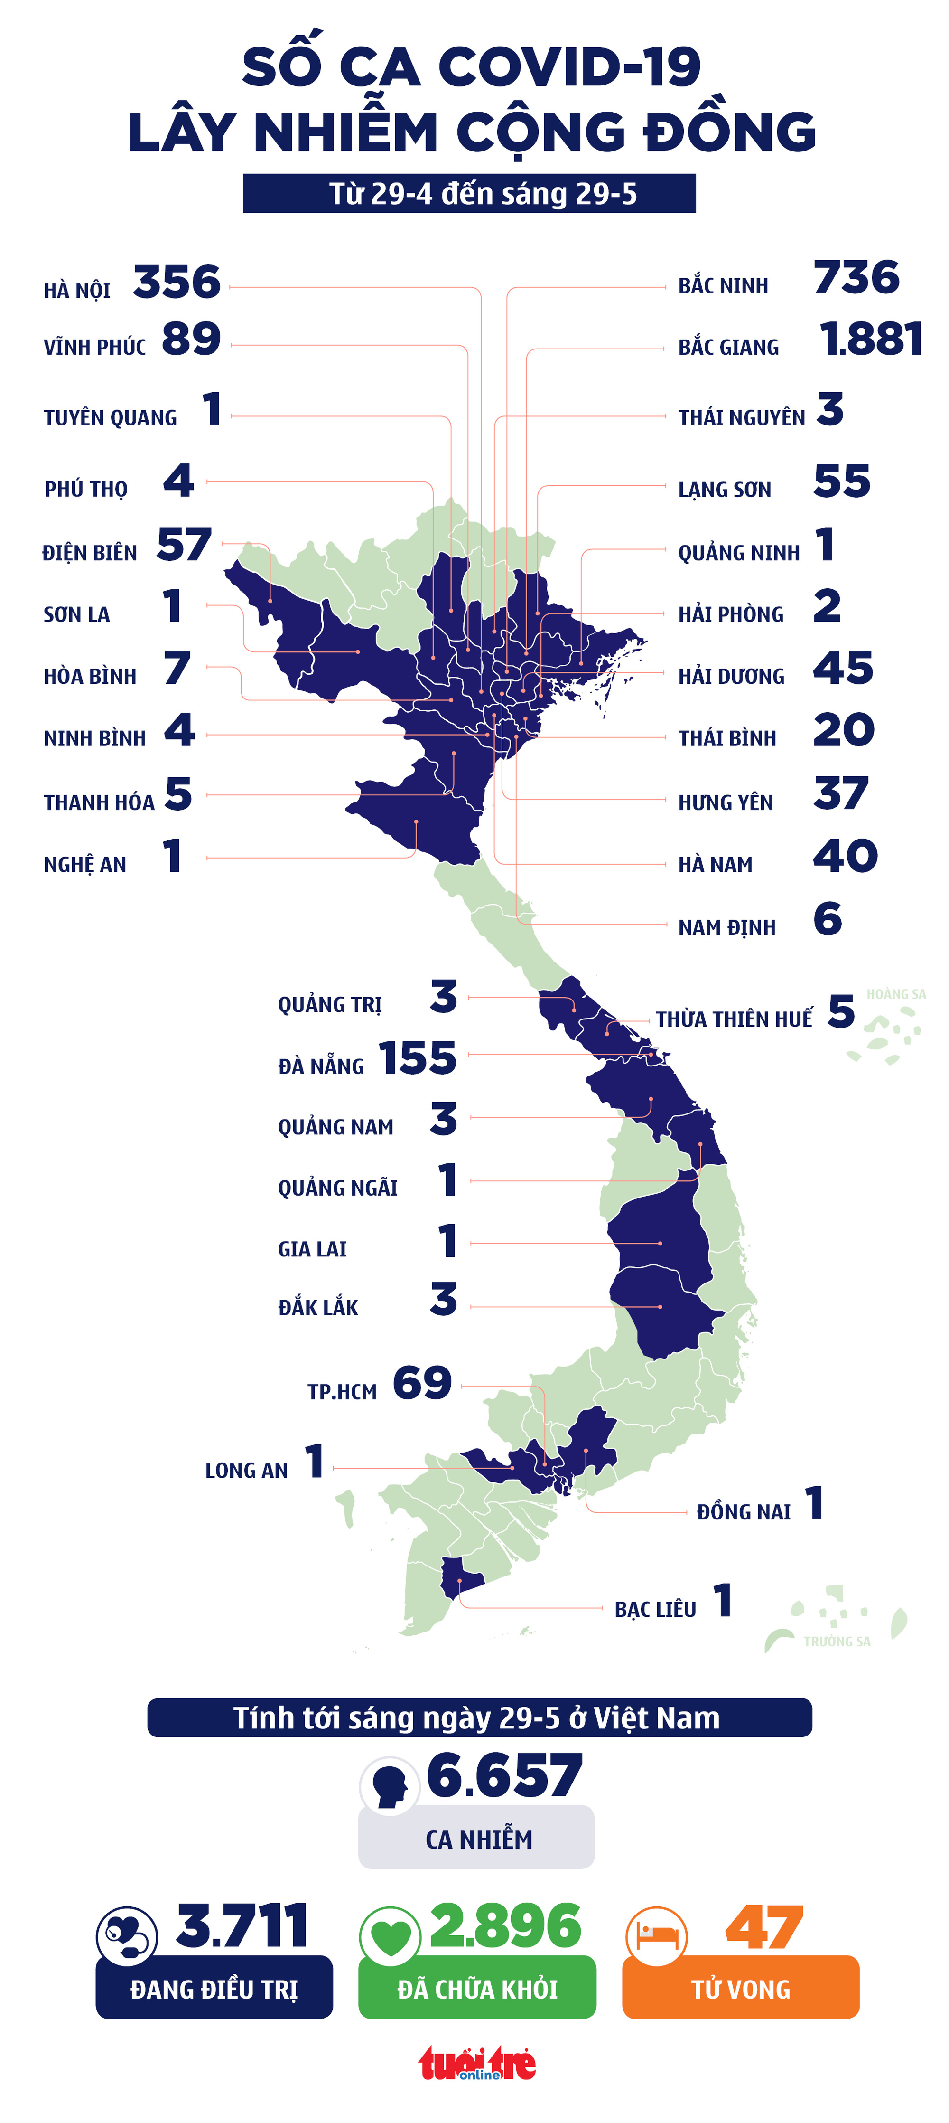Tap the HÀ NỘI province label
pyautogui.click(x=76, y=290)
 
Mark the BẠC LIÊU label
pyautogui.click(x=655, y=1610)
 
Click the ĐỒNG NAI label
pyautogui.click(x=743, y=1511)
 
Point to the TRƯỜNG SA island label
pyautogui.click(x=837, y=1641)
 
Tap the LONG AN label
pyautogui.click(x=246, y=1470)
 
